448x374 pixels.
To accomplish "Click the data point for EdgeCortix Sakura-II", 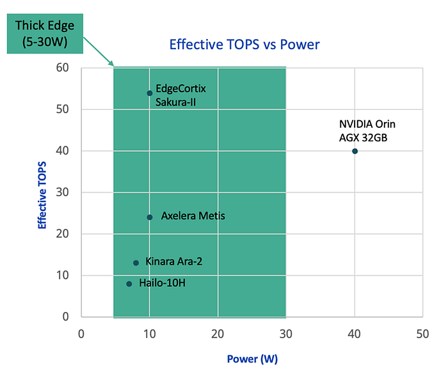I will point(149,93).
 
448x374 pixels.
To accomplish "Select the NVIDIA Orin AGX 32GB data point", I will point(355,151).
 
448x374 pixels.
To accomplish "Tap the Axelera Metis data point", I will point(149,217).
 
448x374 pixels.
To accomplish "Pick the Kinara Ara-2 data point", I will point(136,263).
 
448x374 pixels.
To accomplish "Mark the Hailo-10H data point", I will point(129,284).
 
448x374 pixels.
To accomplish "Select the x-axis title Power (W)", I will point(252,358).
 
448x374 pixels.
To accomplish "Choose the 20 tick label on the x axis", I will point(218,334).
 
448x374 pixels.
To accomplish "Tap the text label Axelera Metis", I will point(193,216).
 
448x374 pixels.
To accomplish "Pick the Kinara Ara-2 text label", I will point(174,261).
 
